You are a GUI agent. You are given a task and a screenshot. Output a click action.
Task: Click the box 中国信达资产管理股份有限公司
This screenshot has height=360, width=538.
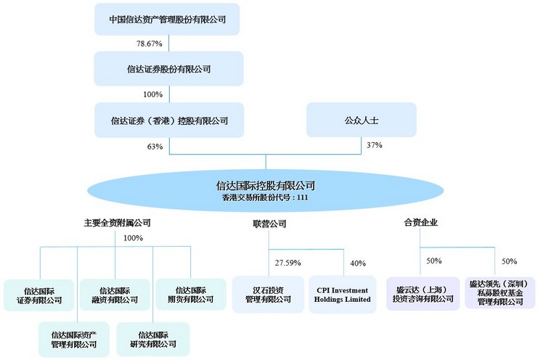[x=167, y=19]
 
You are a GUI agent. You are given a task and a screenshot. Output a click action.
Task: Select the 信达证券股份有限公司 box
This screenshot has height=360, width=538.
[x=169, y=69]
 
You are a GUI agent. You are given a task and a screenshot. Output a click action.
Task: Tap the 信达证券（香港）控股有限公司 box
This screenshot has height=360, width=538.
[x=169, y=120]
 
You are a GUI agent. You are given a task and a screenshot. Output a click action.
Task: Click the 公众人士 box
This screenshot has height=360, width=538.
[x=362, y=120]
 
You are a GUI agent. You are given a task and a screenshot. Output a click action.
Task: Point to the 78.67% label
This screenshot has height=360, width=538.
[x=150, y=44]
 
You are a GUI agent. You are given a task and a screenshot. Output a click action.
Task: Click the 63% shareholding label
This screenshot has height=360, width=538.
[x=155, y=147]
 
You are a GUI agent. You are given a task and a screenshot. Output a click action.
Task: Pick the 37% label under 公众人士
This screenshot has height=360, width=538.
[x=375, y=145]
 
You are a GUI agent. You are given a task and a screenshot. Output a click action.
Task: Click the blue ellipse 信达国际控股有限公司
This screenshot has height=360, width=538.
[x=266, y=190]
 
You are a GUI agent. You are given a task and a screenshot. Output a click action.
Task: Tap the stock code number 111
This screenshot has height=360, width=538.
[x=303, y=197]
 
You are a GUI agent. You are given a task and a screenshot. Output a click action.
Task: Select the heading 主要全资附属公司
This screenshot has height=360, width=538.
[x=118, y=223]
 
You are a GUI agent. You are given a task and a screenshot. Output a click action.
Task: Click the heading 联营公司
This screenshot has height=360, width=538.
[x=269, y=224]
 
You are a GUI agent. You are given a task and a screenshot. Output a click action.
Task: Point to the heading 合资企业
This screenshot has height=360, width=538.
[x=420, y=223]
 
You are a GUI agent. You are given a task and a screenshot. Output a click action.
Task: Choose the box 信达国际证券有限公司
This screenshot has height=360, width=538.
[x=39, y=295]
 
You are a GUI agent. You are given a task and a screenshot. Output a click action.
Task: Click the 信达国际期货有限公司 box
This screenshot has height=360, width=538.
[x=191, y=294]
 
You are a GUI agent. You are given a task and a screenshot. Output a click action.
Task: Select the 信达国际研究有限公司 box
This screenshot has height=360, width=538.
[x=153, y=339]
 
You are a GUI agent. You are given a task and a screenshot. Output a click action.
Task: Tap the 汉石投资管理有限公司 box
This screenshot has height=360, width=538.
[x=269, y=295]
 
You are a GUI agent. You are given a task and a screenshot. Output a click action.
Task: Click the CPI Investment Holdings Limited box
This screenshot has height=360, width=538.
[x=343, y=295]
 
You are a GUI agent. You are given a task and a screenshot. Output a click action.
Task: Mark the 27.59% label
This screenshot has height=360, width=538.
[x=288, y=263]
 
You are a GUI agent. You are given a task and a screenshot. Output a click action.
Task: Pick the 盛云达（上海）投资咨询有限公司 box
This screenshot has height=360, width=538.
[x=423, y=294]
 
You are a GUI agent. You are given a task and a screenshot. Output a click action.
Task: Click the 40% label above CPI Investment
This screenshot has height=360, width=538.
[x=358, y=263]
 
